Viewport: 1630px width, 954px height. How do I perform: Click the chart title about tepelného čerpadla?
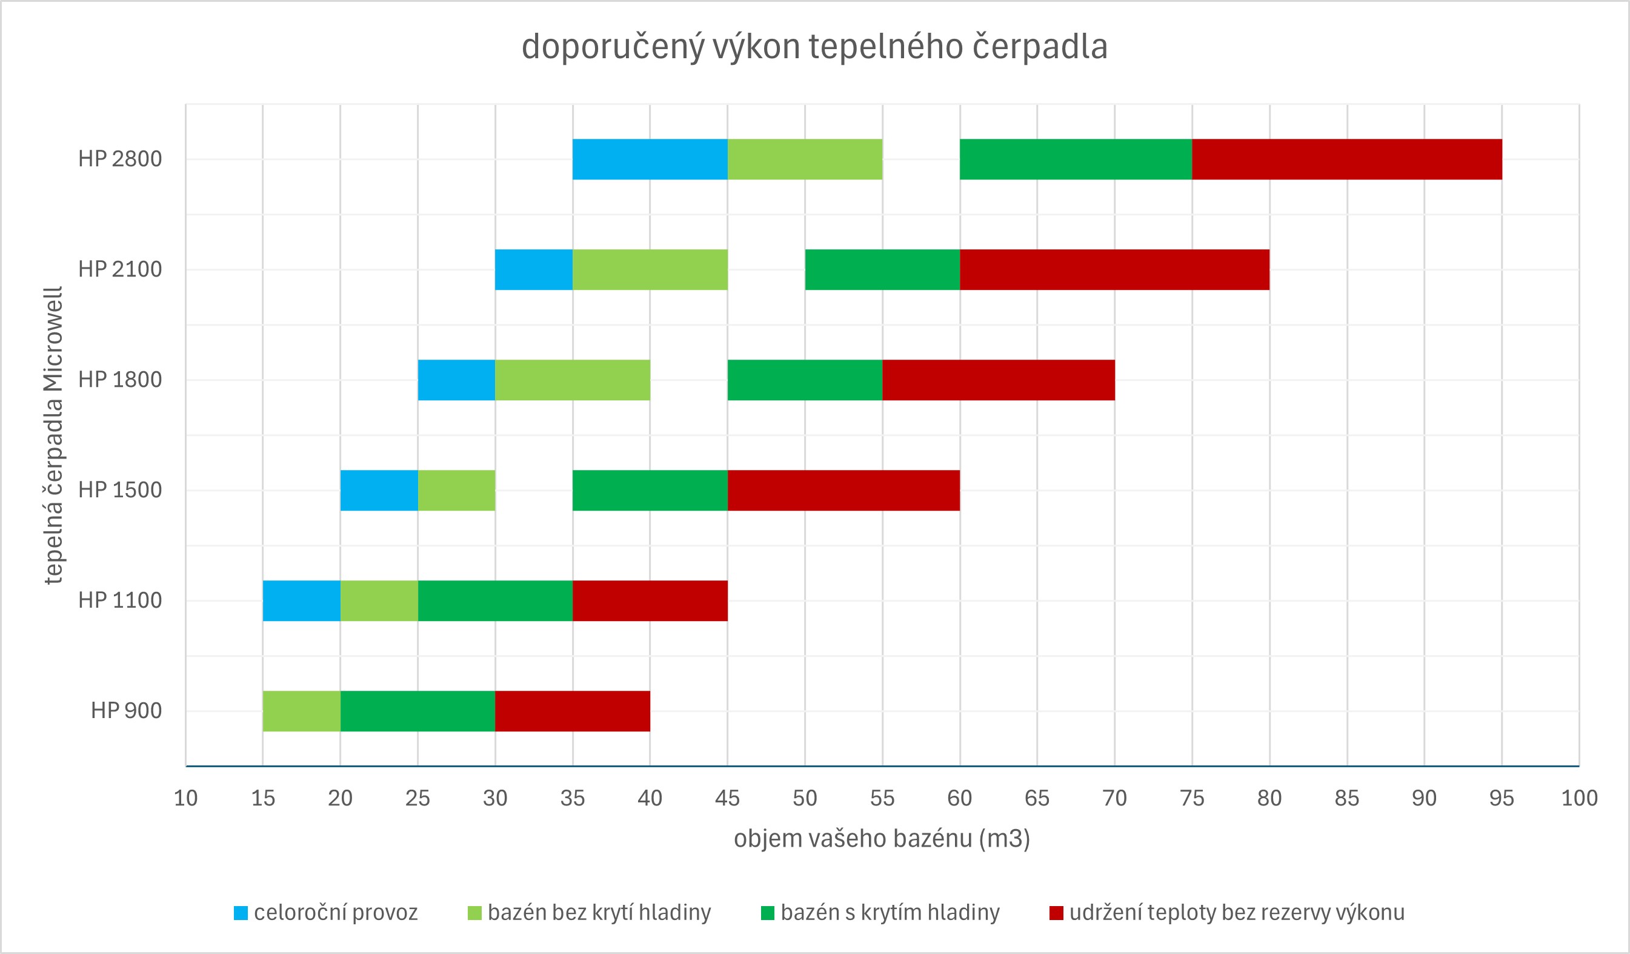(x=814, y=47)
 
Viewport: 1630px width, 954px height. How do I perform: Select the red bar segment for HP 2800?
(x=1346, y=160)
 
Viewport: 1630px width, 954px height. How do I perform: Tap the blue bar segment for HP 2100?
(x=534, y=269)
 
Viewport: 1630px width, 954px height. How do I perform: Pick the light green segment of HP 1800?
(x=573, y=380)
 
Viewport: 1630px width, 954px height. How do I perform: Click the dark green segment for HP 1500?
(x=650, y=491)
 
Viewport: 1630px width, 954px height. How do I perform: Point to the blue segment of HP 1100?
(x=301, y=600)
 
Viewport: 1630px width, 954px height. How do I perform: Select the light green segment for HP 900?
(x=301, y=711)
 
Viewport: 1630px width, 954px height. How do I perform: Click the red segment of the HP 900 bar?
(x=573, y=711)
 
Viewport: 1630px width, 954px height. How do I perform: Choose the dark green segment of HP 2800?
(x=1076, y=160)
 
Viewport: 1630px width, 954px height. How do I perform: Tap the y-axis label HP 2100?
(x=119, y=269)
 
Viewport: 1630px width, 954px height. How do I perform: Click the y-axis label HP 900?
(x=126, y=711)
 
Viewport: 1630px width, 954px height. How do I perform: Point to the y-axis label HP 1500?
(x=119, y=491)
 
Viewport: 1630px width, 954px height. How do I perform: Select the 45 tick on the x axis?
(x=727, y=798)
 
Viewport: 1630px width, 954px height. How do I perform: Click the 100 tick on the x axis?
(x=1579, y=798)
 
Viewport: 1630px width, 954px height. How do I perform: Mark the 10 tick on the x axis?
(x=185, y=798)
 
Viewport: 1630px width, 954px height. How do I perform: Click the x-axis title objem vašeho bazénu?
(x=882, y=839)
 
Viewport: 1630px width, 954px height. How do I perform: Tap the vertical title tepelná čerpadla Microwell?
(x=53, y=435)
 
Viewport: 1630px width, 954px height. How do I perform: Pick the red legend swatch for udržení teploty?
(x=1056, y=913)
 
